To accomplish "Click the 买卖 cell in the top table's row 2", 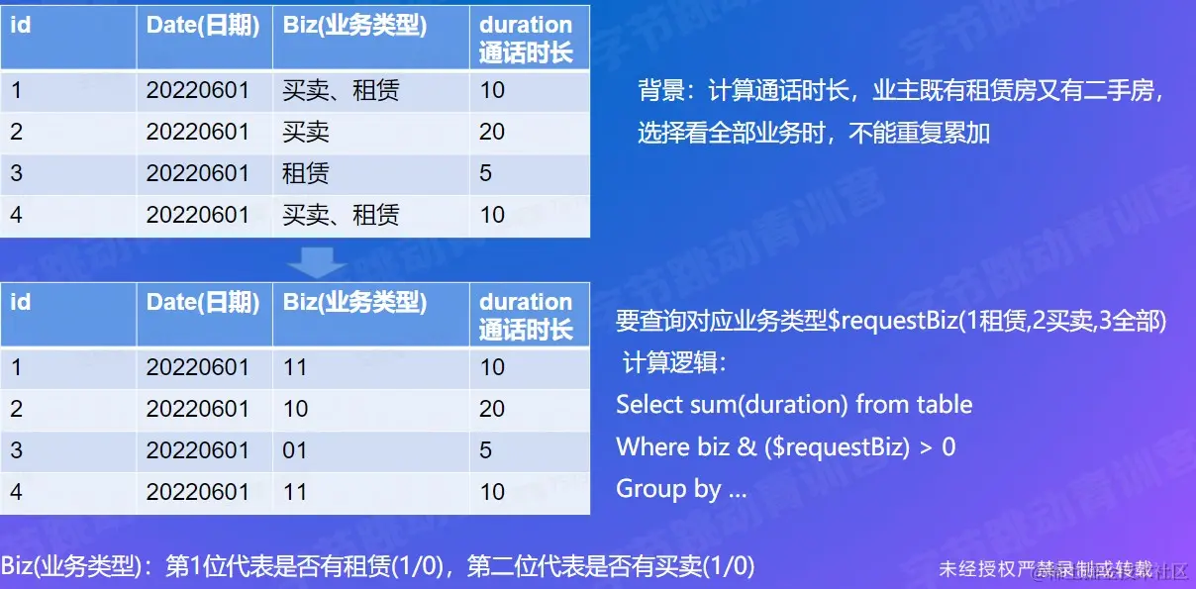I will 306,132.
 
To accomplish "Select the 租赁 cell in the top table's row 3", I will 306,173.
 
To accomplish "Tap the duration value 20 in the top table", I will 492,132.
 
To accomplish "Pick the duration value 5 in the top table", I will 486,173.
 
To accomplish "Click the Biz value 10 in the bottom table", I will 295,409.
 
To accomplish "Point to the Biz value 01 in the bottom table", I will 295,450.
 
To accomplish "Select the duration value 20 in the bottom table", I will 492,409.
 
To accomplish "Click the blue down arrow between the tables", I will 317,261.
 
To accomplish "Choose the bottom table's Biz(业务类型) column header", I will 354,303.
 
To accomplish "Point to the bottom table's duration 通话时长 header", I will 526,316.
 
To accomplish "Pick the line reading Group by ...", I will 681,488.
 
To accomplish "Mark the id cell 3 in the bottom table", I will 17,450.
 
